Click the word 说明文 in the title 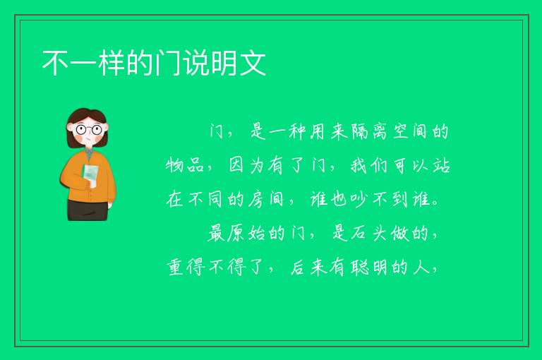tap(224, 63)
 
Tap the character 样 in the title tap(112, 63)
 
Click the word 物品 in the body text tap(185, 165)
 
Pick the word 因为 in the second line tap(246, 165)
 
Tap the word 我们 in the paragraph tap(369, 165)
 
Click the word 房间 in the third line tap(266, 199)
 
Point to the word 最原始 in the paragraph tap(236, 233)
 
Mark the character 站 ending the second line tap(441, 165)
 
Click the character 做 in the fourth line tap(400, 233)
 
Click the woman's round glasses tap(89, 130)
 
